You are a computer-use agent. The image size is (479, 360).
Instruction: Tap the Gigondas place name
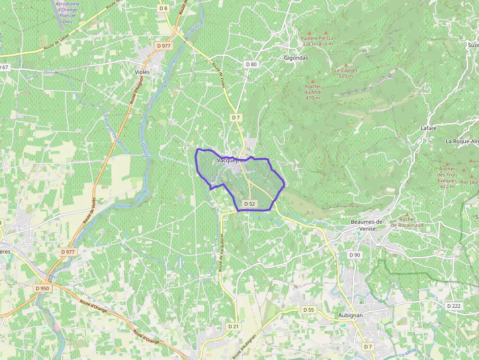pos(296,57)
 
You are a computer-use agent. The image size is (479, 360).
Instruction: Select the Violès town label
pos(142,72)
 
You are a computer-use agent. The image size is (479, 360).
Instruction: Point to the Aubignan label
pos(350,316)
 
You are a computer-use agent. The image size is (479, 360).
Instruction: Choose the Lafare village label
pos(428,128)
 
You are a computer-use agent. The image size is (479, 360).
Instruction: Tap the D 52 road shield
pos(249,204)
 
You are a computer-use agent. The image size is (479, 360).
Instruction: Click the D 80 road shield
pos(251,64)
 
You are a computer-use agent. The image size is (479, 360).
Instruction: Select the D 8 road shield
pos(163,8)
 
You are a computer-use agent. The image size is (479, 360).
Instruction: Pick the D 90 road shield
pos(354,255)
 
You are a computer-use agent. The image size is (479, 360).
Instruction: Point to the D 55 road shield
pos(308,310)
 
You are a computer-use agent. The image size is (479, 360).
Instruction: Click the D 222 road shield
pos(454,306)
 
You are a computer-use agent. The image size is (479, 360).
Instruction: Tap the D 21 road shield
pos(233,326)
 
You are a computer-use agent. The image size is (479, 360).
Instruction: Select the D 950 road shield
pos(43,288)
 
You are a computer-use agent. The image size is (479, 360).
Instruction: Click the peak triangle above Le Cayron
pos(346,64)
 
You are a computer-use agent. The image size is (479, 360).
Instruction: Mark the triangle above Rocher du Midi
pos(313,81)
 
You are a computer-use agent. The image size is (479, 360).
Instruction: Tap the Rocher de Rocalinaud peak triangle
pos(407,214)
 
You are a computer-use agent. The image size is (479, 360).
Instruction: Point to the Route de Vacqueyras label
pos(221,252)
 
